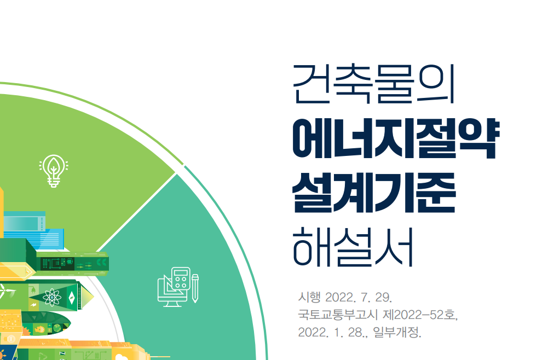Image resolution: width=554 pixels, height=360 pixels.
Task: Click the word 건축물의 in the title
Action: coord(374,85)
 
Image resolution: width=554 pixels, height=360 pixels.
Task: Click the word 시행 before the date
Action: coord(308,298)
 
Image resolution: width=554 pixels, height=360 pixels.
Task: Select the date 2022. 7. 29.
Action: coord(359,298)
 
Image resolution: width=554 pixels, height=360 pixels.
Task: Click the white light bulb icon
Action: coord(54,171)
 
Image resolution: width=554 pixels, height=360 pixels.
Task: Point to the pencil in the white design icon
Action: coord(195,287)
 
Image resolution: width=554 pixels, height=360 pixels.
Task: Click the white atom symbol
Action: coord(52,297)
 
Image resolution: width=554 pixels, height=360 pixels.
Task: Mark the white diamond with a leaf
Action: coord(71,298)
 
